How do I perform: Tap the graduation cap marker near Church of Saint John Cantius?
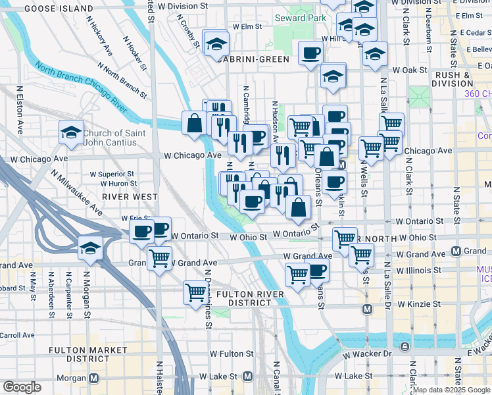71,134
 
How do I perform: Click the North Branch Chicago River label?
81,86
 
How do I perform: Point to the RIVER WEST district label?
130,197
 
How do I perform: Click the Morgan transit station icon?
93,378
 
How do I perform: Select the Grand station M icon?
456,251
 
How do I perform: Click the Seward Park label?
301,18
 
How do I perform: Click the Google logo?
22,387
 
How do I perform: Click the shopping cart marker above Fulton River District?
195,291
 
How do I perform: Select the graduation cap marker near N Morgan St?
90,248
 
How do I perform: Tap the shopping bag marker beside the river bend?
195,122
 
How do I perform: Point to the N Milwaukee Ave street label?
76,193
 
